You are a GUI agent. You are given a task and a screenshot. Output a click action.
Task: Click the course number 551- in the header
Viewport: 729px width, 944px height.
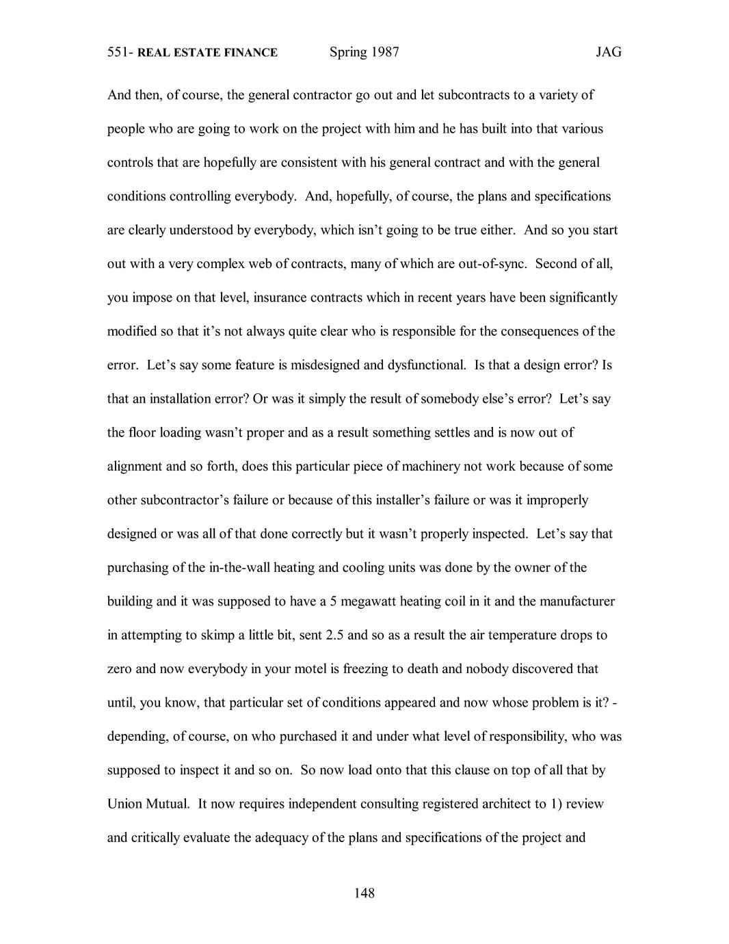point(120,53)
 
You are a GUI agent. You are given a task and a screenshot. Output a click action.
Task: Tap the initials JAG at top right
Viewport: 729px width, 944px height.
point(608,53)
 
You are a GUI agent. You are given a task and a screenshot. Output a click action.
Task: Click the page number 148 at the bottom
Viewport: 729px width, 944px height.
point(364,893)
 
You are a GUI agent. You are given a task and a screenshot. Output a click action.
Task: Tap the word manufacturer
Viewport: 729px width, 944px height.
point(577,601)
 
